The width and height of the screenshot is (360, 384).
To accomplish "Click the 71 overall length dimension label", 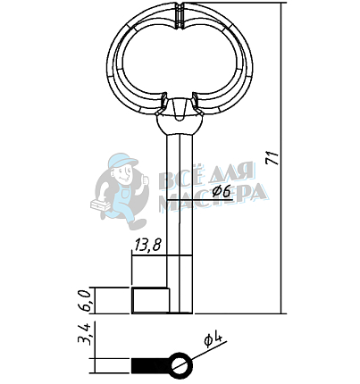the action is (x=272, y=158).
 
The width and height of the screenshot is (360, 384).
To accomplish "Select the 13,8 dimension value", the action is (x=147, y=246).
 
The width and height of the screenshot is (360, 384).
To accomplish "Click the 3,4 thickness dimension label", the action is (x=84, y=333).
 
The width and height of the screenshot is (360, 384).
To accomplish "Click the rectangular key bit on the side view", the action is (x=150, y=300).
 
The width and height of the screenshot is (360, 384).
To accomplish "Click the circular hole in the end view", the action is (x=180, y=366).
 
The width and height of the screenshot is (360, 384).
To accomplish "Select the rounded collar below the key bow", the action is (x=180, y=124).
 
